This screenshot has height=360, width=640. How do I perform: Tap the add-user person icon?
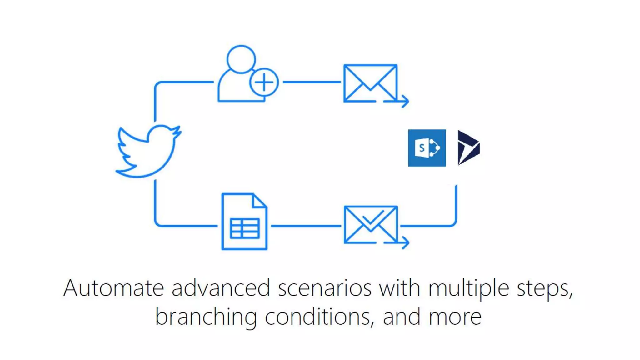pyautogui.click(x=241, y=75)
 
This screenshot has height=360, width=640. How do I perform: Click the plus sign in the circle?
pyautogui.click(x=264, y=82)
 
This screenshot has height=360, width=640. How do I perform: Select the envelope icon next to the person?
pyautogui.click(x=370, y=83)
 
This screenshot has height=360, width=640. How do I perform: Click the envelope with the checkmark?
pyautogui.click(x=371, y=224)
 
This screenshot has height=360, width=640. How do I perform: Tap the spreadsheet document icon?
pyautogui.click(x=244, y=222)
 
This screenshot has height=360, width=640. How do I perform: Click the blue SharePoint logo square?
pyautogui.click(x=427, y=148)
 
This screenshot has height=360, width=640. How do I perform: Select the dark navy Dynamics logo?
pyautogui.click(x=468, y=148)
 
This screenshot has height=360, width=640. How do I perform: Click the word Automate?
pyautogui.click(x=113, y=288)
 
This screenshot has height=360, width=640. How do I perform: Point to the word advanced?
pyautogui.click(x=221, y=288)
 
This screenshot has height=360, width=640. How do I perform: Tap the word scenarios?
pyautogui.click(x=325, y=288)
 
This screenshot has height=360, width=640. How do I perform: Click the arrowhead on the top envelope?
pyautogui.click(x=405, y=101)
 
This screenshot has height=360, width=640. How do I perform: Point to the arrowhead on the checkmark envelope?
pyautogui.click(x=405, y=242)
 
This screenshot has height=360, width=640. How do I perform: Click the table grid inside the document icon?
pyautogui.click(x=244, y=228)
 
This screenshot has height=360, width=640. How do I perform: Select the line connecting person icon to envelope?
pyautogui.click(x=312, y=82)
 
